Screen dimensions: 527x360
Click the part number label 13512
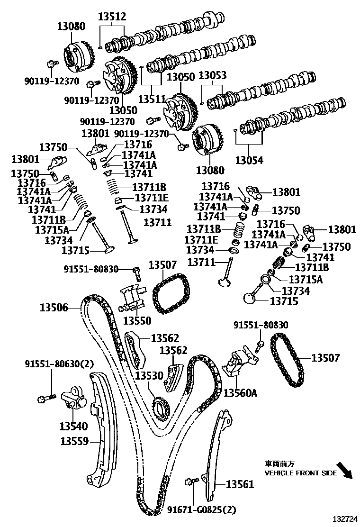click(x=112, y=17)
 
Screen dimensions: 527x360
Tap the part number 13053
click(x=212, y=76)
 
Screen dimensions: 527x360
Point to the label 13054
click(x=249, y=160)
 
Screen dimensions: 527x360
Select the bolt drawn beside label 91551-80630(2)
click(x=44, y=399)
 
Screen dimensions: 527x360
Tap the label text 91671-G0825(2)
click(x=201, y=510)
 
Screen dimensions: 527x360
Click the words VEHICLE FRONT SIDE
click(x=300, y=473)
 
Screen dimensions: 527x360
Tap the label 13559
click(x=74, y=442)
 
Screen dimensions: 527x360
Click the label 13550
click(x=137, y=321)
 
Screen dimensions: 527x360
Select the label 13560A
click(x=240, y=393)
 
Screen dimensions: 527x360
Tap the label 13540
click(x=73, y=427)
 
